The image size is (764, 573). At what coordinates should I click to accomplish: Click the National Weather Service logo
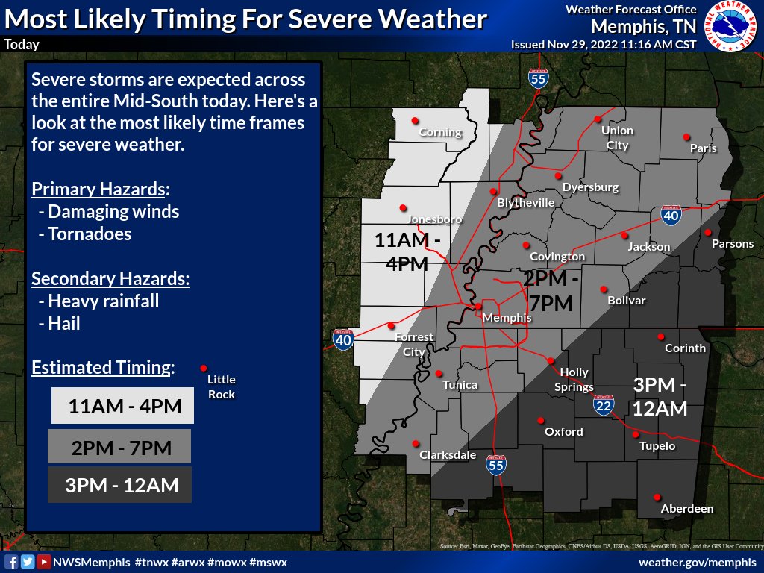point(731,26)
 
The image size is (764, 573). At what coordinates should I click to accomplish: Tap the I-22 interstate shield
point(604,405)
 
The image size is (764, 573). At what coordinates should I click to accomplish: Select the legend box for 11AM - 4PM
point(122,407)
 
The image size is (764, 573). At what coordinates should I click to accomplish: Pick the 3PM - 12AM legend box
point(119,485)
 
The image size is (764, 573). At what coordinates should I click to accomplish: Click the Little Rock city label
point(221,387)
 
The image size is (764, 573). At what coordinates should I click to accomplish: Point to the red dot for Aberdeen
point(657,498)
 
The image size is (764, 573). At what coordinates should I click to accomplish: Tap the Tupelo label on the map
point(657,446)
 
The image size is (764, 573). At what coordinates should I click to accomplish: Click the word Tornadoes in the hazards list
point(90,234)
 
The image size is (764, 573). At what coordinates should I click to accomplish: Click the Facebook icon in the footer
point(11,562)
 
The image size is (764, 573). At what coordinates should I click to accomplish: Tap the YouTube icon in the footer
point(44,562)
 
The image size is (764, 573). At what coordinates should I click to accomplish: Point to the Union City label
point(617,138)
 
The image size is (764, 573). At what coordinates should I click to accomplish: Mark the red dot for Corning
point(414,120)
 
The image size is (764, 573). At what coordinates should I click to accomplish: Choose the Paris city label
point(703,148)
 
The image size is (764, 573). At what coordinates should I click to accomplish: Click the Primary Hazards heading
point(100,188)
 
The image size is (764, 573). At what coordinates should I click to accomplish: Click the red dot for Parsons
point(707,232)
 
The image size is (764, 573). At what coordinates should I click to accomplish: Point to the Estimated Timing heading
point(103,367)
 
